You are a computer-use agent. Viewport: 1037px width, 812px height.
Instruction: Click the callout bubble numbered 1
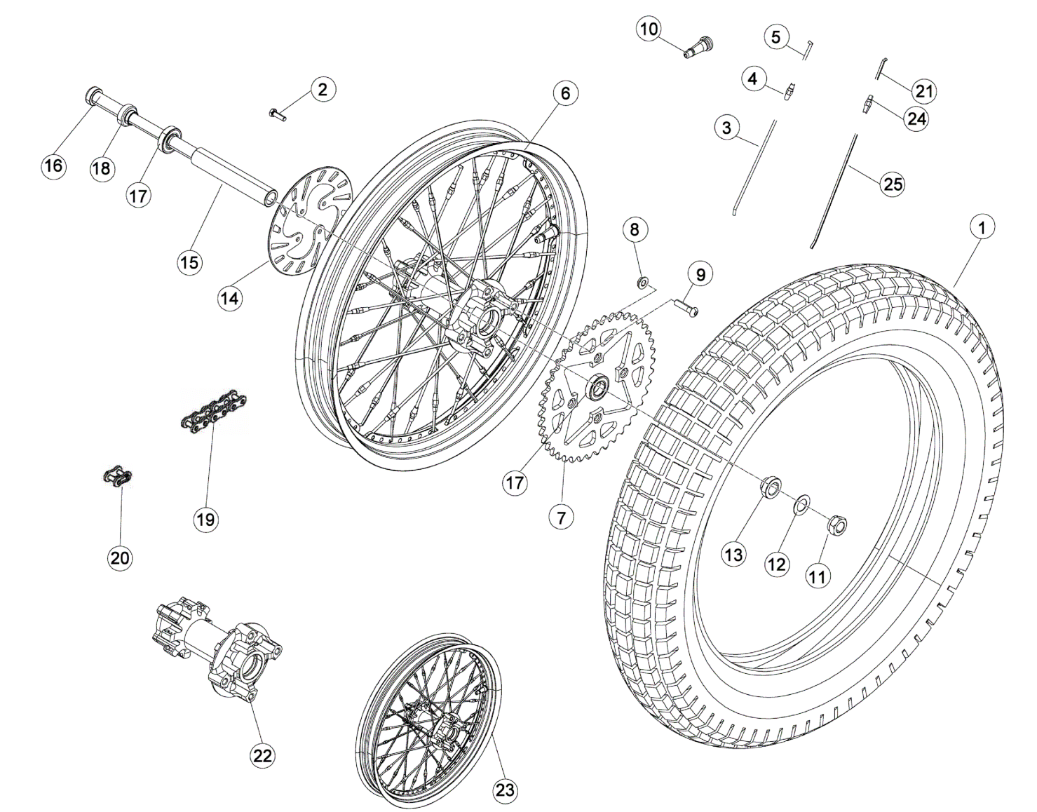point(982,227)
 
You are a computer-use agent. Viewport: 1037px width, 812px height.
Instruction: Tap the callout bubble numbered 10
point(649,29)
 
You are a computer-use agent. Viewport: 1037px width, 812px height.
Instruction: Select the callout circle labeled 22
point(262,755)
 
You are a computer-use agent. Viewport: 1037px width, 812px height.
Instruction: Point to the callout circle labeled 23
point(505,790)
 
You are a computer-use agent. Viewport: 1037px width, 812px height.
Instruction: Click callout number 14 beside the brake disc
point(229,297)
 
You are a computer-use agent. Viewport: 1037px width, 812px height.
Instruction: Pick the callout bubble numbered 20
point(120,557)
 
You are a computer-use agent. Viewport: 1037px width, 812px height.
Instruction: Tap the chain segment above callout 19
point(209,412)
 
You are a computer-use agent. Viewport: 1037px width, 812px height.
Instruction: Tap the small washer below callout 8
point(642,282)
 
